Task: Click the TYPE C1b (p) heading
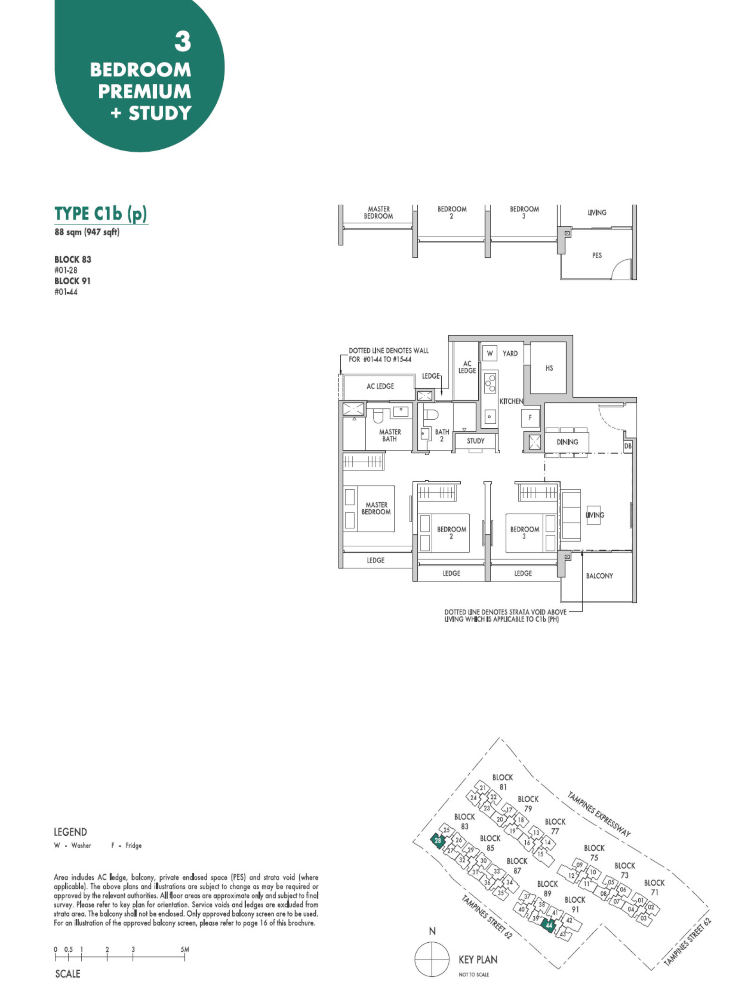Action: click(101, 213)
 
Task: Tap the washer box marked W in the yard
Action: click(490, 353)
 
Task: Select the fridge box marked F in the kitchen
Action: click(530, 418)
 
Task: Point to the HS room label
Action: click(549, 368)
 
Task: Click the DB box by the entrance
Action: click(627, 446)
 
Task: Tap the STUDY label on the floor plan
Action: click(475, 441)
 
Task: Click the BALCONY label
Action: click(599, 576)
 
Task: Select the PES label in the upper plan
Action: click(596, 255)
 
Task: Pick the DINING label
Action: click(567, 442)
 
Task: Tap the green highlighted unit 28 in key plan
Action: click(438, 841)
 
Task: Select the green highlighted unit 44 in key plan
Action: click(548, 925)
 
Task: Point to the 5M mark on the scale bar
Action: click(185, 949)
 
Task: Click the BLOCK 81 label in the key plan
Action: click(502, 782)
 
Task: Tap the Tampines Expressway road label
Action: click(598, 814)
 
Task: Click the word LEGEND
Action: click(70, 832)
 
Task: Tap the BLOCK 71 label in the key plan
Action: click(654, 887)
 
